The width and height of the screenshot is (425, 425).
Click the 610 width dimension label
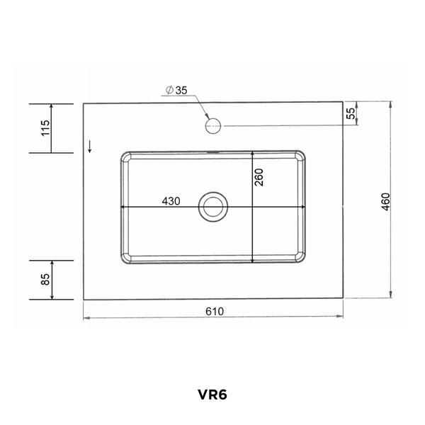coord(215,311)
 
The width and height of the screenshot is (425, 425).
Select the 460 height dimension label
coord(385,200)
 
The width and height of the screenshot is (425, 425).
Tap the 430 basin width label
coord(171,200)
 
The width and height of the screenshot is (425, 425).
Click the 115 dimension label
coord(45,128)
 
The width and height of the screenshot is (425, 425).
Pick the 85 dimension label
coord(45,279)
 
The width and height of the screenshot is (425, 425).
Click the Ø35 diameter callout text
coord(176,90)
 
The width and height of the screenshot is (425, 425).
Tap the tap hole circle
coord(212,127)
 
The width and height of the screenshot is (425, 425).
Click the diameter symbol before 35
coord(169,90)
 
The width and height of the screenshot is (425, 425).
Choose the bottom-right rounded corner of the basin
coord(303,259)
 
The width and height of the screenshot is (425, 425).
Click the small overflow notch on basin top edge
coord(212,151)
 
